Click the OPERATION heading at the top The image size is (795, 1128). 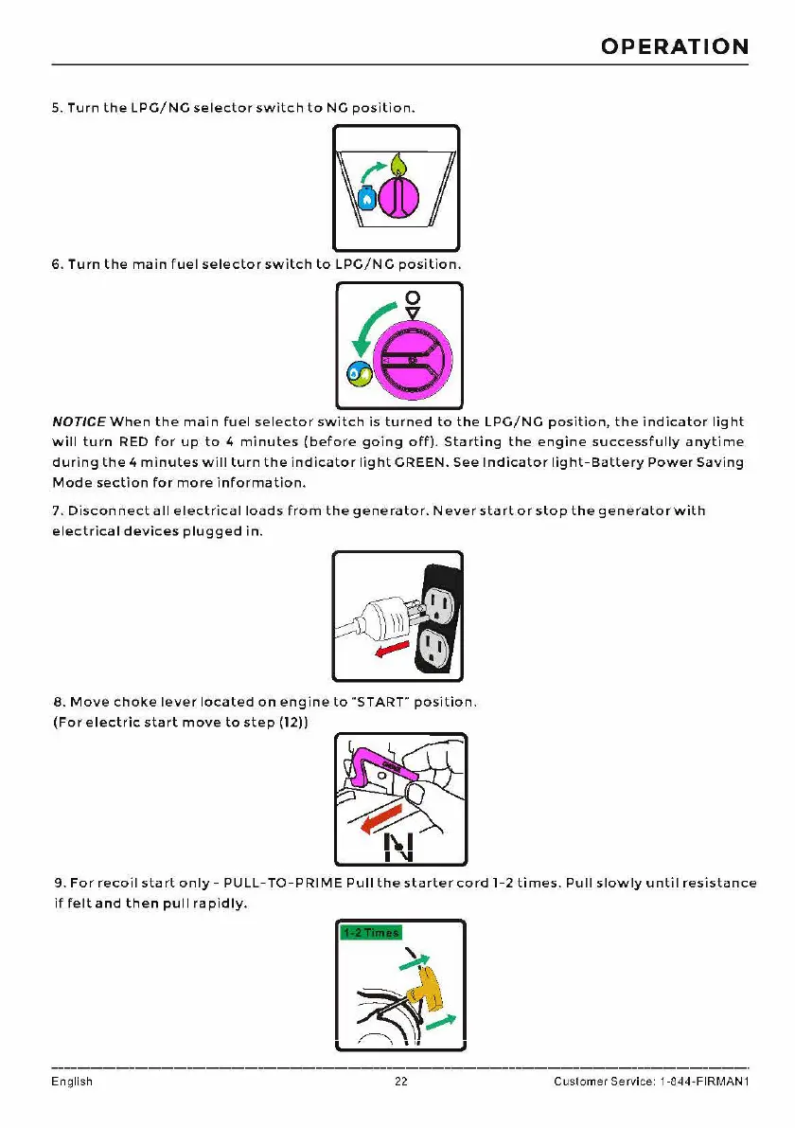675,46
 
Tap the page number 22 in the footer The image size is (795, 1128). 400,1082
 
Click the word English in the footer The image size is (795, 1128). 72,1082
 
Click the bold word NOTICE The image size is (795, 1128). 79,421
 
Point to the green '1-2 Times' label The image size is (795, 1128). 370,932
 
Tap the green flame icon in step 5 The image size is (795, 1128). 398,166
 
